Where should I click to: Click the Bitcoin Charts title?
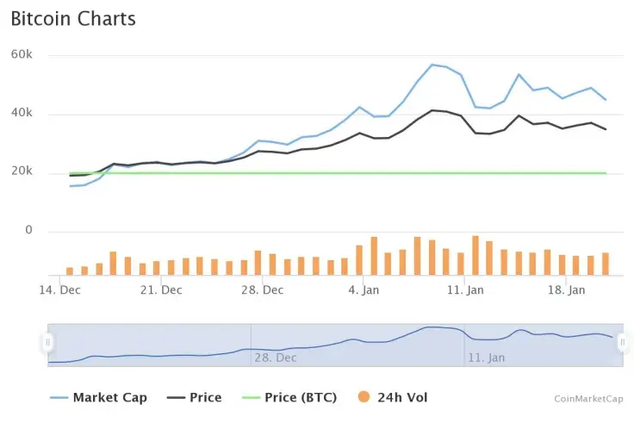[73, 18]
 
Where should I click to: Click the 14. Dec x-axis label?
[60, 290]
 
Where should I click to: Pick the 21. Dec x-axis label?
[160, 290]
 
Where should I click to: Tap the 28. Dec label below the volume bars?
[262, 290]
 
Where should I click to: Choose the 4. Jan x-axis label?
[364, 290]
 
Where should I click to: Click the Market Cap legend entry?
[99, 397]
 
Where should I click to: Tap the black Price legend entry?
[195, 397]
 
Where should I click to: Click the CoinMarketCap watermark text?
[589, 399]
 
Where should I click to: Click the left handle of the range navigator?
[48, 342]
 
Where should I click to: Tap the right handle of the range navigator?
[622, 342]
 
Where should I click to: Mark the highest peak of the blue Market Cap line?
[432, 65]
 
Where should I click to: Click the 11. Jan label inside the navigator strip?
[486, 357]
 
